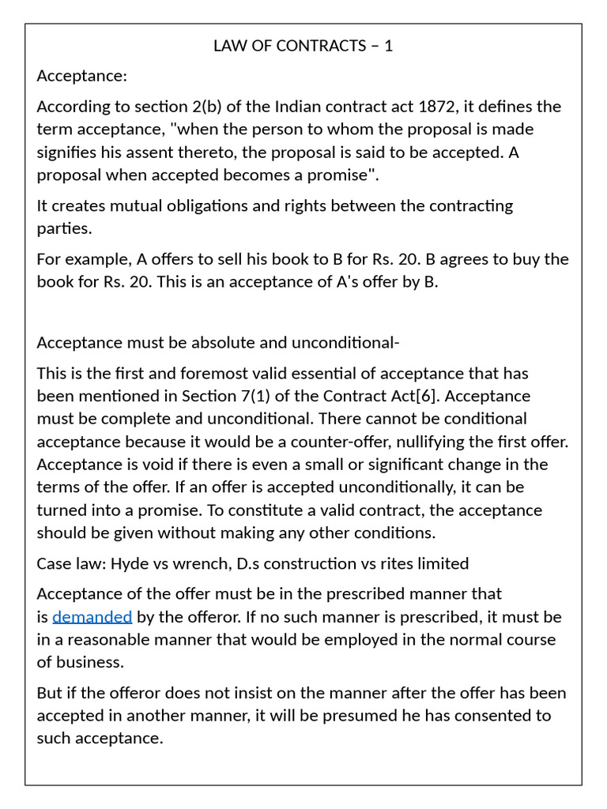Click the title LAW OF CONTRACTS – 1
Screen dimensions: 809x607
303,46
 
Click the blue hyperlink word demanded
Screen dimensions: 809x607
92,616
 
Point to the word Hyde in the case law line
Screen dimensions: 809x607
128,563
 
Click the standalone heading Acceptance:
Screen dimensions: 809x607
82,76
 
